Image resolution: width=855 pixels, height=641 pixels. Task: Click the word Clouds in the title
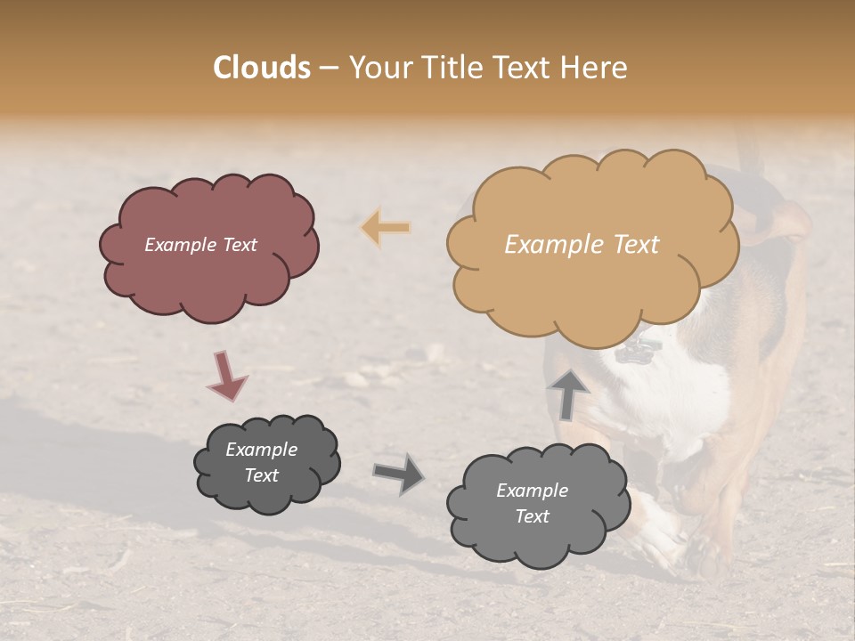pyautogui.click(x=262, y=68)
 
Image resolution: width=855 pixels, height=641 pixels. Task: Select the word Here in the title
pyautogui.click(x=596, y=68)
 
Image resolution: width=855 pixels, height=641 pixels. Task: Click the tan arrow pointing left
pyautogui.click(x=386, y=228)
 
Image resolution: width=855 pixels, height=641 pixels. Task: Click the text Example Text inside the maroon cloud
pyautogui.click(x=200, y=245)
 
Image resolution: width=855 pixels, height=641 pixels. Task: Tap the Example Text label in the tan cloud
pyautogui.click(x=582, y=245)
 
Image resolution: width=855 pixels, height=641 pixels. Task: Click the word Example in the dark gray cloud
pyautogui.click(x=261, y=450)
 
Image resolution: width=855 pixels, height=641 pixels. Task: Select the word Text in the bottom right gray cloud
pyautogui.click(x=532, y=516)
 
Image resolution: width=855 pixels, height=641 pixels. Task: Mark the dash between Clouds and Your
pyautogui.click(x=329, y=69)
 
